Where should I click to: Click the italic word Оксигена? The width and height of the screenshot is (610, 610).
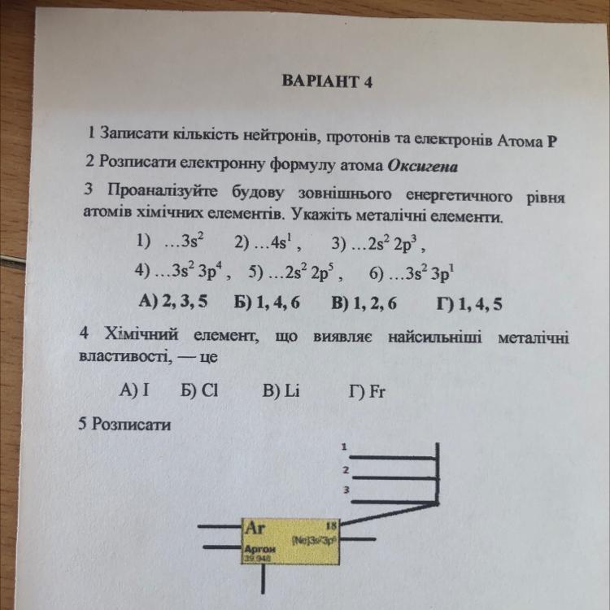[423, 166]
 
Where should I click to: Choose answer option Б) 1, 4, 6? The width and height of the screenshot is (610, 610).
[268, 303]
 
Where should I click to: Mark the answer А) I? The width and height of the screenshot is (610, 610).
[135, 390]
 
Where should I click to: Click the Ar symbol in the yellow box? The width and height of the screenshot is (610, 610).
[256, 527]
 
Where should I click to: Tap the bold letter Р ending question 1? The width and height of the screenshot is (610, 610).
[553, 139]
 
